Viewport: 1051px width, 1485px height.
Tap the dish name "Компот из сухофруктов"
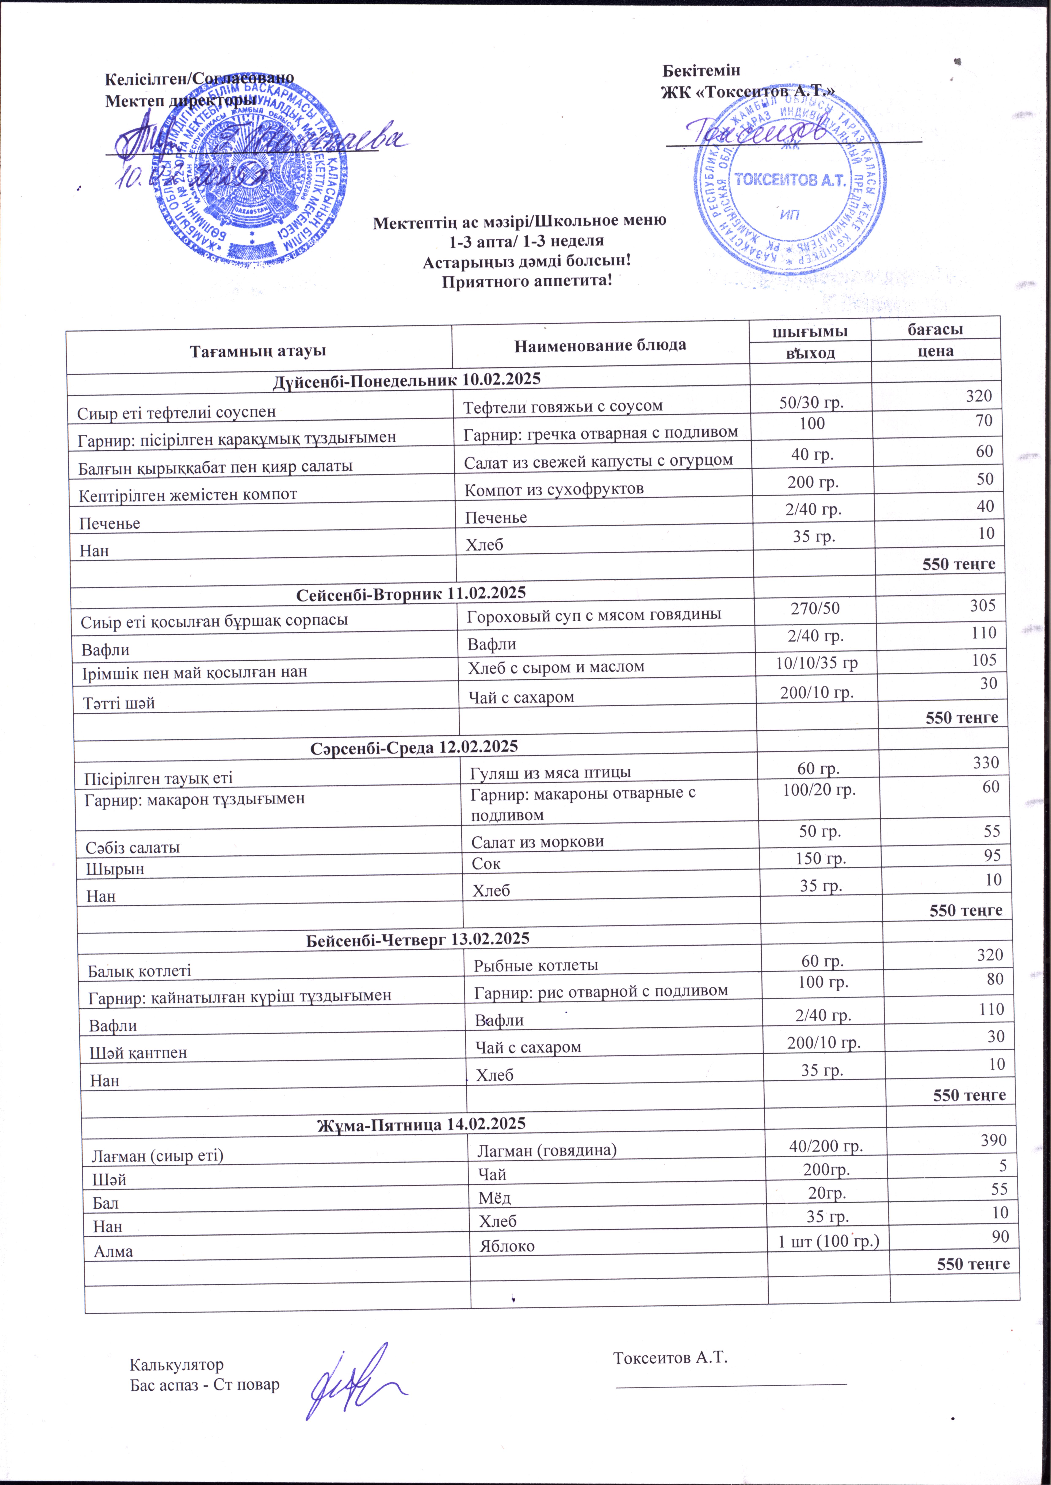point(554,489)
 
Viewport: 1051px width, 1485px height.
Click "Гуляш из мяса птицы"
point(550,772)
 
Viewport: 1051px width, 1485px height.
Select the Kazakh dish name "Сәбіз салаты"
point(133,848)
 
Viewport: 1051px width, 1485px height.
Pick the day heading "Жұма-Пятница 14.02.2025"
point(421,1123)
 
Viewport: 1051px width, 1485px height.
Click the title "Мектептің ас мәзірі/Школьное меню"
point(520,221)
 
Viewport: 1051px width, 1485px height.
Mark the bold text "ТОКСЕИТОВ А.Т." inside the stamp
point(791,180)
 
